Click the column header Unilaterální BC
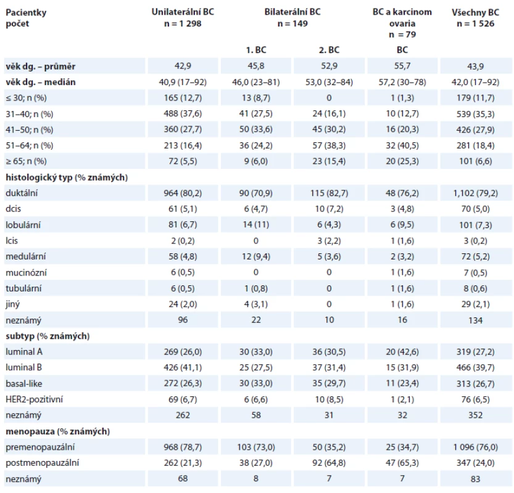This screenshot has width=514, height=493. pos(183,12)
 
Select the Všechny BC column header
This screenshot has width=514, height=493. pos(475,12)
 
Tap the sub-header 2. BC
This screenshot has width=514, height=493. pos(329,50)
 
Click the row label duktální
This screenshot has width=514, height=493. pos(22,193)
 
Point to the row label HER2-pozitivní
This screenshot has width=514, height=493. pos(34,399)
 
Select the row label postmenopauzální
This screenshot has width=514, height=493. pos(43,463)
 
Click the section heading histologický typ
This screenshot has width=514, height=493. pos(39,177)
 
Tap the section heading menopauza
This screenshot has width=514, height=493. pos(30,431)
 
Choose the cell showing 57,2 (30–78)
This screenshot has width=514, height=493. pos(402,82)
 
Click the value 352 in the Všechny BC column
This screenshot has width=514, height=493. pos(475,415)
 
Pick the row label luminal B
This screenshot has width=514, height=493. pos(23,368)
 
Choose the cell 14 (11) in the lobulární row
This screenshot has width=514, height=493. pos(256,224)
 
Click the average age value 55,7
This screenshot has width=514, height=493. pos(402,66)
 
